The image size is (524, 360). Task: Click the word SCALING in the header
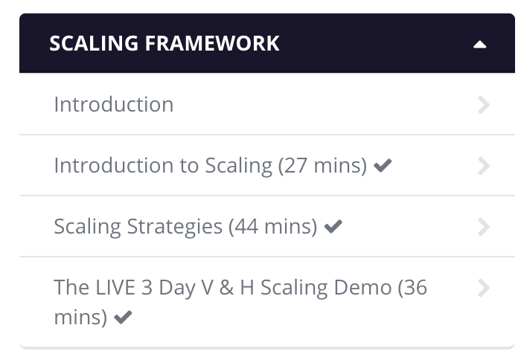click(x=94, y=43)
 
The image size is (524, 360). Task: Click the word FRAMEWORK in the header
click(x=212, y=43)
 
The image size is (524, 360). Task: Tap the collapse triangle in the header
click(x=479, y=45)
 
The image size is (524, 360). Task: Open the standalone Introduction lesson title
click(x=114, y=105)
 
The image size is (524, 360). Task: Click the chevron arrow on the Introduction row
click(x=484, y=105)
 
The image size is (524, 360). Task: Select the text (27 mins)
click(x=323, y=166)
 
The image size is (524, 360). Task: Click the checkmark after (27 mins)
click(x=383, y=166)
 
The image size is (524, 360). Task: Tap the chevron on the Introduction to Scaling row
click(x=484, y=166)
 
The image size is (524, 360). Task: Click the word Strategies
click(x=175, y=227)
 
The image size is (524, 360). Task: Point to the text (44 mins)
click(x=273, y=227)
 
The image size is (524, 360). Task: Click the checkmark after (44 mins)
click(x=333, y=226)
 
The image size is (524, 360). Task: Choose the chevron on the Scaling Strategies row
click(x=484, y=227)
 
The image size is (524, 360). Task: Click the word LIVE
click(x=115, y=288)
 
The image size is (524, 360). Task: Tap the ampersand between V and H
click(x=226, y=288)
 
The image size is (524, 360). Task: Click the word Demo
click(x=362, y=288)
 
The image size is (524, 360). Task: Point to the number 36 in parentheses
click(x=415, y=288)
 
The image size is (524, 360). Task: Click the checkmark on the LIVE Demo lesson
click(x=123, y=318)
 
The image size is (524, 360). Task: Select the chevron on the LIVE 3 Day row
click(x=484, y=288)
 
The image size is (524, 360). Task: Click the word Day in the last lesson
click(x=177, y=288)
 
